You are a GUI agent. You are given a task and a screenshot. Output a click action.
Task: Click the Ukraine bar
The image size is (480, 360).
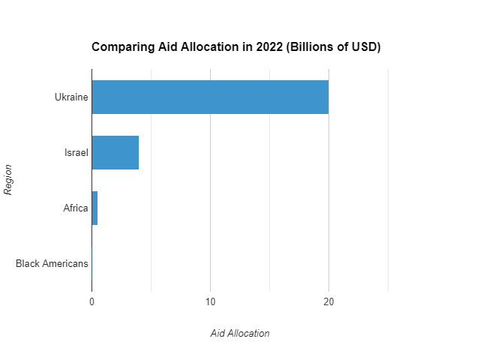(210, 97)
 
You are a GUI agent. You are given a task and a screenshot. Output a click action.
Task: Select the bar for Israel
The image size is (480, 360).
(115, 152)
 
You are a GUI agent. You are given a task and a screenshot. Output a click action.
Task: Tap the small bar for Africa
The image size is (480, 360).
(94, 208)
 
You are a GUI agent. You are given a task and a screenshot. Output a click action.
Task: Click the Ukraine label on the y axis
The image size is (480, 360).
(71, 97)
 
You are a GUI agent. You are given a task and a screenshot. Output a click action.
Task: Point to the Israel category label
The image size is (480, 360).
(76, 153)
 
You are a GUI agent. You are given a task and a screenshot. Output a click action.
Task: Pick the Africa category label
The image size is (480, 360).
(76, 208)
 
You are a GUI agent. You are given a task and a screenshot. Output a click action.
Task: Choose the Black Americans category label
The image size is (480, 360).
(52, 263)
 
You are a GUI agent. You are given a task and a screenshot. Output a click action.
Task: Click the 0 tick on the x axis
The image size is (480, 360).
(91, 302)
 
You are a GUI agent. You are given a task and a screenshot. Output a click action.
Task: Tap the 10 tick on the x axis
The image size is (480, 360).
(210, 302)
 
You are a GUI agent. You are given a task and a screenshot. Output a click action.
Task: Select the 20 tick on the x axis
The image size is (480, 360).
(328, 302)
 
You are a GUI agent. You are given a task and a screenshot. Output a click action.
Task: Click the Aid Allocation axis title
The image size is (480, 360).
(240, 333)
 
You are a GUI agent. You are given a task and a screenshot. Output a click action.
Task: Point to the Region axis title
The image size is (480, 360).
(9, 179)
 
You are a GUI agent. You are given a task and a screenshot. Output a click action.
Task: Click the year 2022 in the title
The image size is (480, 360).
(271, 47)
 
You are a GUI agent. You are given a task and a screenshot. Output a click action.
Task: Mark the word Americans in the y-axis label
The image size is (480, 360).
(66, 263)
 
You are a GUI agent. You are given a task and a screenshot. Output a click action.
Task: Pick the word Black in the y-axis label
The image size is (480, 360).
(28, 263)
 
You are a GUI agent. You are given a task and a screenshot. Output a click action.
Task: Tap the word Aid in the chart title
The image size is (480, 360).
(163, 47)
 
